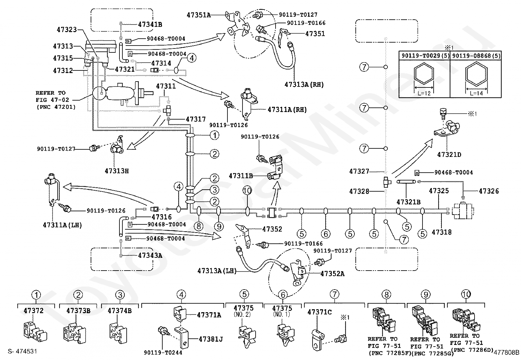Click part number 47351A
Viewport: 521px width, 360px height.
point(199,15)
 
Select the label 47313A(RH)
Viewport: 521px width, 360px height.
point(304,85)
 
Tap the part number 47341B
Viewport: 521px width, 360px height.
point(150,25)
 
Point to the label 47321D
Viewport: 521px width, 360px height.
point(449,155)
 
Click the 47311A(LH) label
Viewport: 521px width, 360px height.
point(63,225)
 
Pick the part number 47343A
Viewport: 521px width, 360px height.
point(150,256)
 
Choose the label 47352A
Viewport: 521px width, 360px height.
point(332,274)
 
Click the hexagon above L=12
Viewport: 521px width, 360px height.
point(424,73)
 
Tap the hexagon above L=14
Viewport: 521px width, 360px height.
point(476,74)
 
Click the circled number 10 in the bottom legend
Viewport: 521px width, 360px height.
point(466,294)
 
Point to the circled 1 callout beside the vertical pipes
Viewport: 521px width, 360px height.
point(214,135)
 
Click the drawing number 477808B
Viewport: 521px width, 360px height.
point(507,352)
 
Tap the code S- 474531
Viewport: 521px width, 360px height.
point(22,351)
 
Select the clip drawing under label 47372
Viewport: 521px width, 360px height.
point(35,332)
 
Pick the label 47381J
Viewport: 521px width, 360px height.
point(211,339)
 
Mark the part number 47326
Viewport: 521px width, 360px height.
point(489,191)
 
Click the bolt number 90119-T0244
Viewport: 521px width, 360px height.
point(163,352)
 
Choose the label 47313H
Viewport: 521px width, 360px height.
point(117,171)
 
